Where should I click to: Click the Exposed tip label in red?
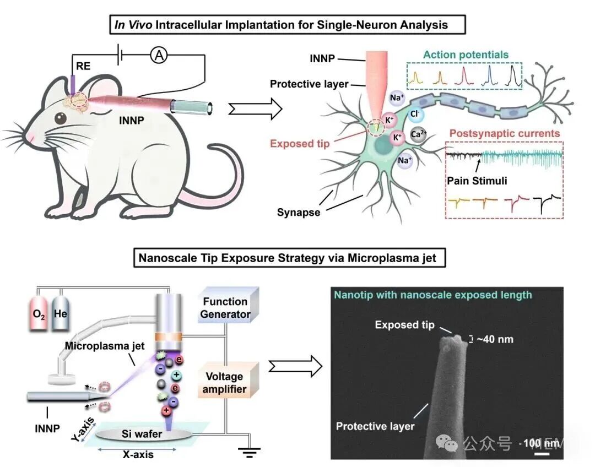pyautogui.click(x=300, y=144)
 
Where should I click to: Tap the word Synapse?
pyautogui.click(x=299, y=211)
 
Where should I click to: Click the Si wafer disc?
pyautogui.click(x=143, y=435)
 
